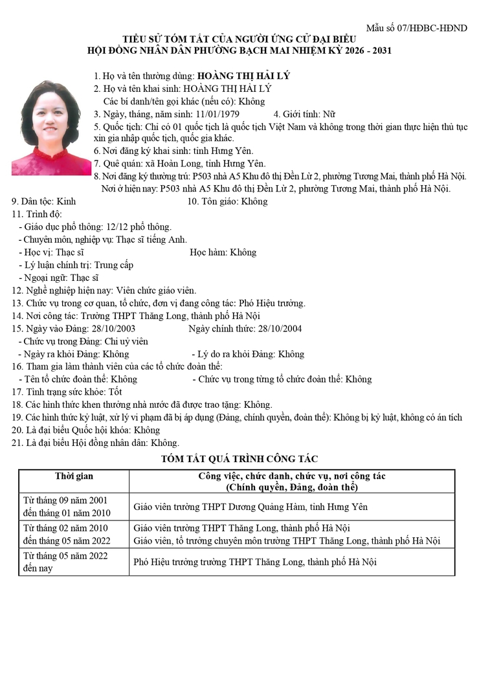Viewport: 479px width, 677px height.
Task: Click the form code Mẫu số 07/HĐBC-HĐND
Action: pos(416,28)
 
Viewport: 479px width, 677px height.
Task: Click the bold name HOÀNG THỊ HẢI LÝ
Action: pos(243,76)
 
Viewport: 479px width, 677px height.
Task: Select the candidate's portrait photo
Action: pos(51,128)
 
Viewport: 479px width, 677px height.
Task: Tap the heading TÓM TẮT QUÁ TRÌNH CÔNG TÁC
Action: pos(239,459)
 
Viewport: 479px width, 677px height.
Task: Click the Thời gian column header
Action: pos(74,476)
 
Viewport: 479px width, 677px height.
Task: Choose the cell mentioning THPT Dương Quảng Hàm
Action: pos(251,507)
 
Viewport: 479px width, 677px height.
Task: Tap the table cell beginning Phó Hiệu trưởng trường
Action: pos(254,562)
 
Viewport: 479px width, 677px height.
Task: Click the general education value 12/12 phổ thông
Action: pos(138,227)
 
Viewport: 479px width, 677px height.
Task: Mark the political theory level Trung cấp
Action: pos(114,265)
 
